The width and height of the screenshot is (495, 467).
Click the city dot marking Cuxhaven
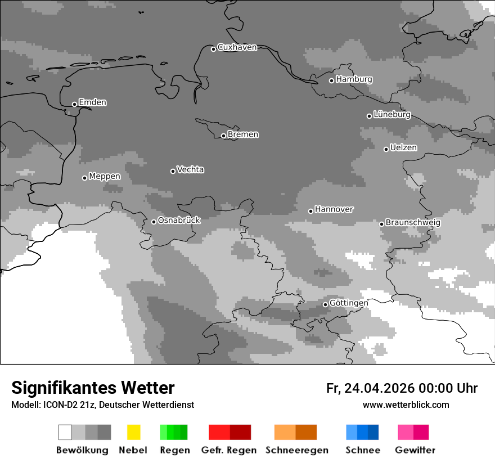[213, 49]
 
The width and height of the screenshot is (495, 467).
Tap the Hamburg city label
[354, 79]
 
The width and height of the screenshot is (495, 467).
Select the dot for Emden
[74, 104]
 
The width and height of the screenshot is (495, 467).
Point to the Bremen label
[242, 134]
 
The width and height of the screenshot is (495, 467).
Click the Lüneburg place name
[391, 114]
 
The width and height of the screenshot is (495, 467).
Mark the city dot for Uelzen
[386, 149]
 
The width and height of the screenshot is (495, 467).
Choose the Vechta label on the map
[190, 169]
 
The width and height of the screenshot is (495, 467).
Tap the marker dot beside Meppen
[84, 178]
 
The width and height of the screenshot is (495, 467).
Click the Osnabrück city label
[179, 220]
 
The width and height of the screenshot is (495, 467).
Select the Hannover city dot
[310, 211]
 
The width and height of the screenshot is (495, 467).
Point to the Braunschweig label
[413, 222]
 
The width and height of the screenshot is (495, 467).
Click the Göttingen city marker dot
[325, 304]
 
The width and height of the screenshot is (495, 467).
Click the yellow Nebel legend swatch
[133, 432]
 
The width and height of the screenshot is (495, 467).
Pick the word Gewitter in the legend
[415, 450]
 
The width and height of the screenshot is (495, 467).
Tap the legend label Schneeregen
[296, 450]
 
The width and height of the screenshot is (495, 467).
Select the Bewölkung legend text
[82, 450]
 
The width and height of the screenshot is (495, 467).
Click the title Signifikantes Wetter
[93, 388]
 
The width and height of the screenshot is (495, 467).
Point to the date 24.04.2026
[379, 388]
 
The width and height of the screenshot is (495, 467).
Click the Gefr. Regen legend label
[228, 450]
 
